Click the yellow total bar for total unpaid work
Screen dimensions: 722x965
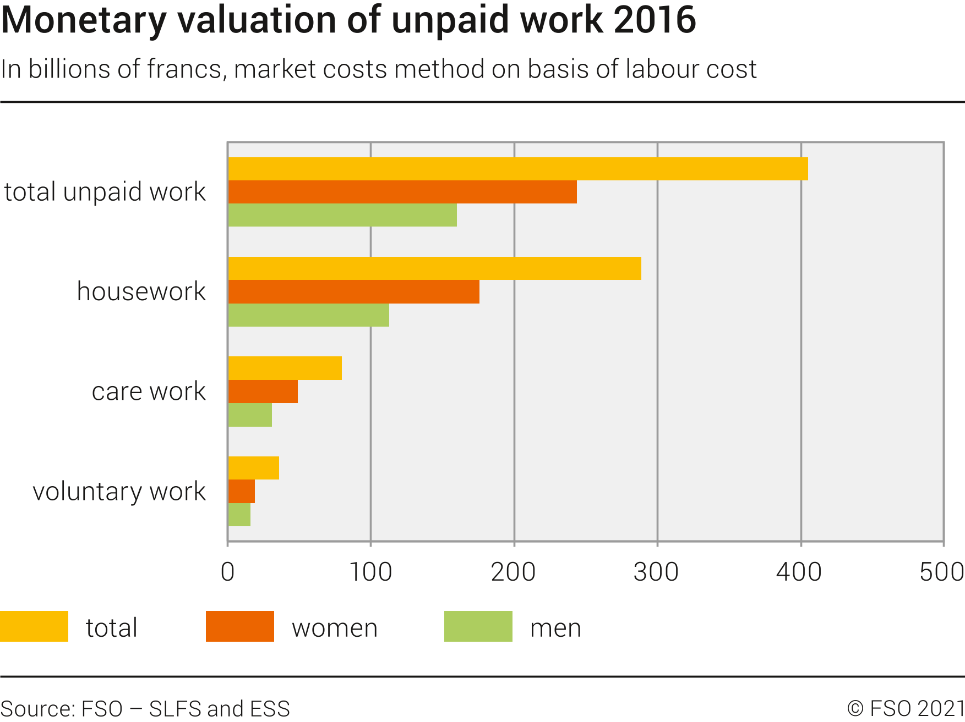pos(517,169)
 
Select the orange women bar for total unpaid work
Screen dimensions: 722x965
pos(402,192)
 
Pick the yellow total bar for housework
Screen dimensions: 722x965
pos(434,268)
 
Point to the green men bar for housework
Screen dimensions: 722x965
pos(308,315)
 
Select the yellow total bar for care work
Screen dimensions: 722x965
pos(285,368)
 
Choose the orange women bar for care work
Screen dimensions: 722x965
pos(263,392)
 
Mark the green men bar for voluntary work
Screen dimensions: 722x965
pos(239,515)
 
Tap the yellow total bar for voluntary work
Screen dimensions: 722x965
pos(253,468)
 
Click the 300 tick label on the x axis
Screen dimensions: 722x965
pos(656,572)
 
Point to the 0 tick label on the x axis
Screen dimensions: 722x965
pos(227,572)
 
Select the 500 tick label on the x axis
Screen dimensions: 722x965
pos(941,572)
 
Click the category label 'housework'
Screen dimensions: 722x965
pos(141,291)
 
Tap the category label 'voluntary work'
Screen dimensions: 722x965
pos(119,491)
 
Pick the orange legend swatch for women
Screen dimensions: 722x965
pos(239,626)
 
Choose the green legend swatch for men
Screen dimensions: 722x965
pos(478,626)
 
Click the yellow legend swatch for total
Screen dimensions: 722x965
pos(34,626)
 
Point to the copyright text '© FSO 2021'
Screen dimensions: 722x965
pos(906,708)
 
